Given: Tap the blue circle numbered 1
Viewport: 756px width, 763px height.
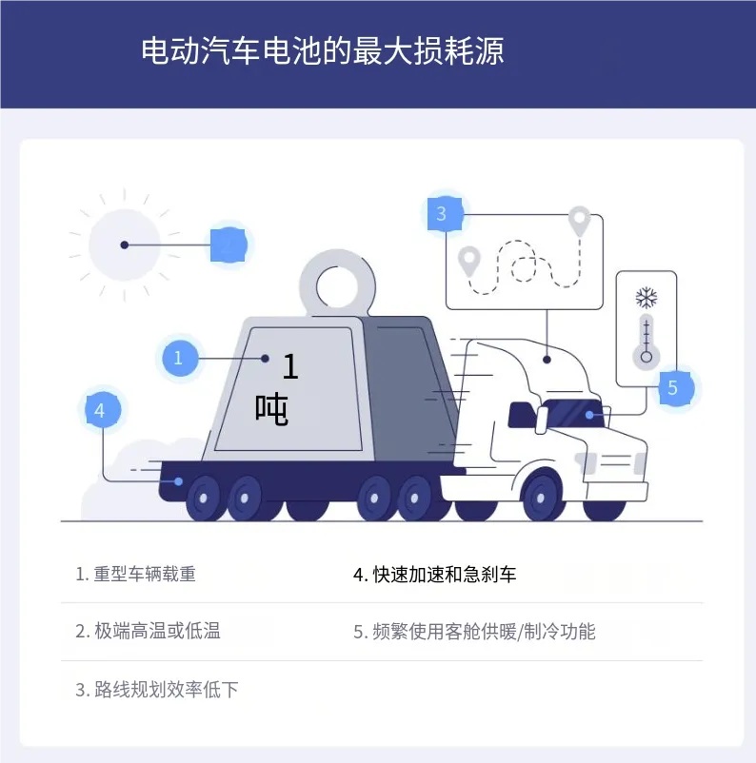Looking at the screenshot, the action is tap(178, 359).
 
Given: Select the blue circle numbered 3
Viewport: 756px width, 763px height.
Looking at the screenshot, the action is tap(441, 214).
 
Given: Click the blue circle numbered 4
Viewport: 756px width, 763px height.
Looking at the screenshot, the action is tap(100, 410).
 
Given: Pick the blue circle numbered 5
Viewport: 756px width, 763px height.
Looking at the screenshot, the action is tap(673, 387).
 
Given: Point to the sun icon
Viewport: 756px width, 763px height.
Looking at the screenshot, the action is tap(125, 245).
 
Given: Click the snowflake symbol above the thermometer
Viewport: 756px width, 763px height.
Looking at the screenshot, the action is tap(647, 299).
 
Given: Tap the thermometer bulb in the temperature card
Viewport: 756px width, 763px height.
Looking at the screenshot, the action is tap(647, 358).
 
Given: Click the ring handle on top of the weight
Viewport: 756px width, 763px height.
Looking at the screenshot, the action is tap(334, 283).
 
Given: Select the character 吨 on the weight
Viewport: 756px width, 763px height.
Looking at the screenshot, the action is tap(271, 409).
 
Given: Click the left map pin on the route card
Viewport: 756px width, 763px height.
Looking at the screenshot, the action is tap(468, 260).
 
